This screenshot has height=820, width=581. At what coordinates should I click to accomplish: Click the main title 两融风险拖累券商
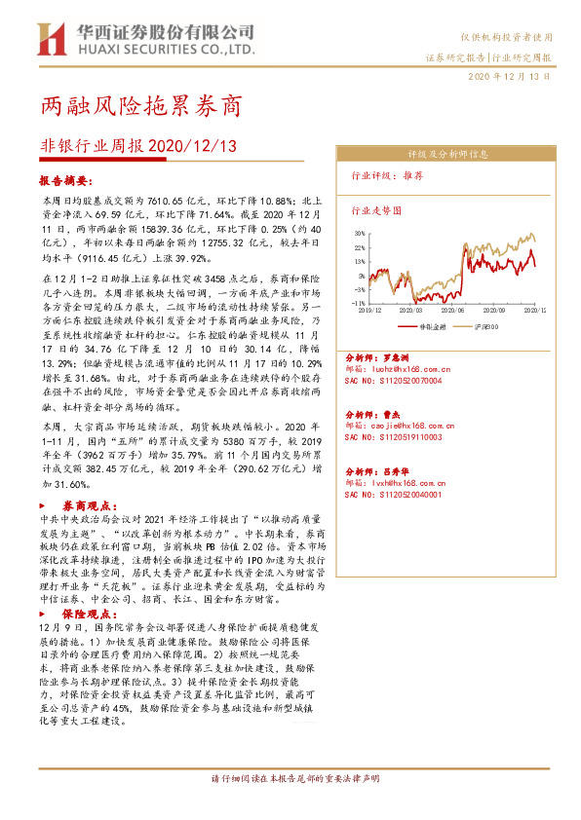click(141, 105)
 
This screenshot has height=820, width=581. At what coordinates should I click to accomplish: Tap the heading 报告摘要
click(64, 181)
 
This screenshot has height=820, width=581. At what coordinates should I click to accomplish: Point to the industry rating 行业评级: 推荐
click(386, 177)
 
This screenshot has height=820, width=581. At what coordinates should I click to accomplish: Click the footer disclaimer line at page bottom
click(290, 780)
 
